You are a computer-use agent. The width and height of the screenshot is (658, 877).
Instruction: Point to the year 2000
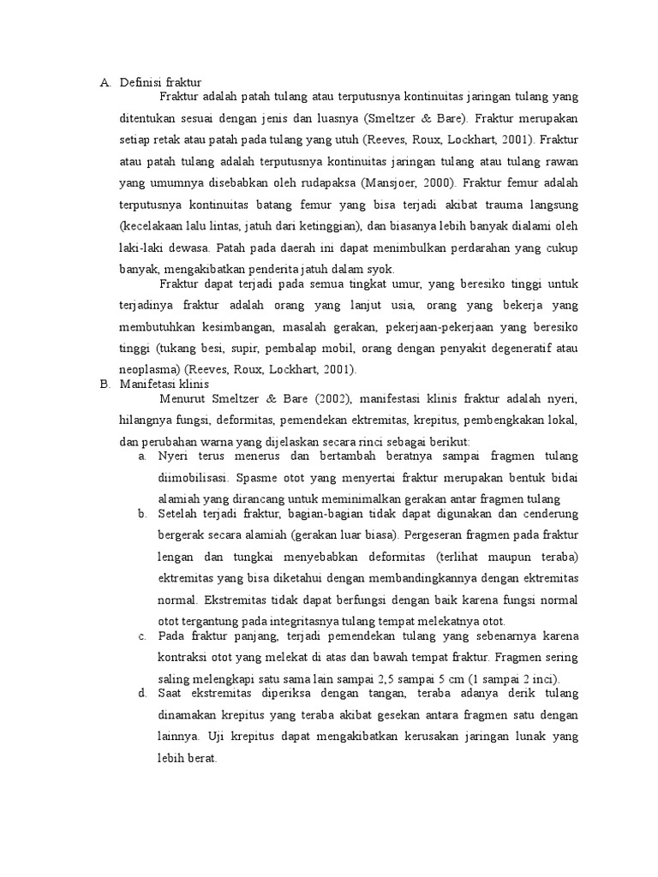436,182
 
